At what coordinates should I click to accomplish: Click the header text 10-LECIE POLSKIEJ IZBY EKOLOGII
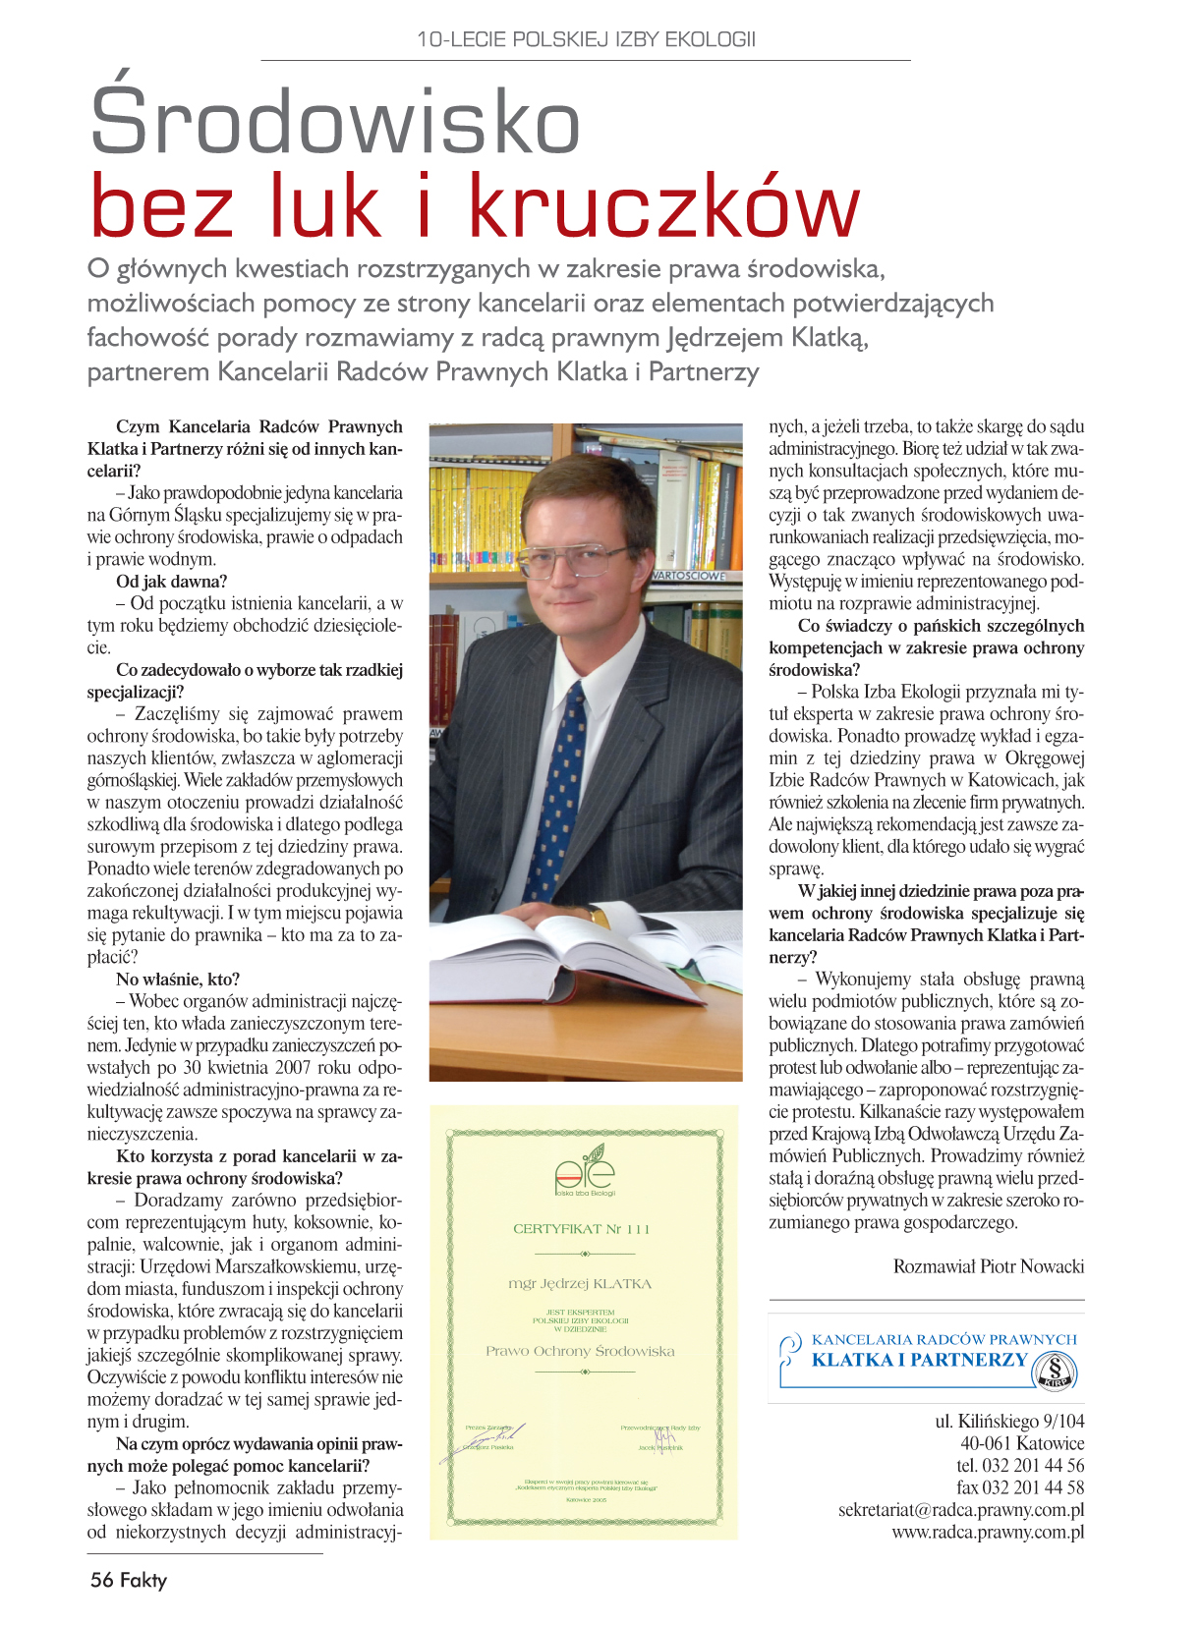point(586,39)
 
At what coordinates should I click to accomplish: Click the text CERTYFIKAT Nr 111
point(582,1228)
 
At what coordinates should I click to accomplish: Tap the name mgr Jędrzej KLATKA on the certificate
point(580,1283)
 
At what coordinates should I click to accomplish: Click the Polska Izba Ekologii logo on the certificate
point(585,1175)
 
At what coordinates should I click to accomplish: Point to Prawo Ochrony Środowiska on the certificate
point(580,1351)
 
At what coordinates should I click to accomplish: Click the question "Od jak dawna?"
point(171,582)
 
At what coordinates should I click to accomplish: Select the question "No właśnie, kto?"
point(178,980)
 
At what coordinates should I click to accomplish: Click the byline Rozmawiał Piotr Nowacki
point(988,1266)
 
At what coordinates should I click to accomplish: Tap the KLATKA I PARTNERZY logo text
point(919,1360)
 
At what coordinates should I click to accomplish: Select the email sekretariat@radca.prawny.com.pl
point(961,1510)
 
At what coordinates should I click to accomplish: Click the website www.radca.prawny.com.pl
point(988,1532)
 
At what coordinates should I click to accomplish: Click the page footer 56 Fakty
point(129,1580)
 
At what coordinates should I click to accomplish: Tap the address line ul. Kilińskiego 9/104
point(1009,1421)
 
